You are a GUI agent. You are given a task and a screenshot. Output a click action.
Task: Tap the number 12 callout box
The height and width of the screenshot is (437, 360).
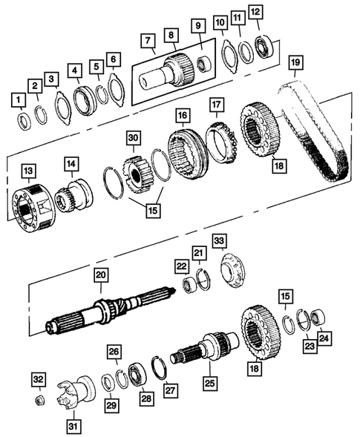coord(255,13)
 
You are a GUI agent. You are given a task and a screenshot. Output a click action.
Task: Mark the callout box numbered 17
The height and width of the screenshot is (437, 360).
coord(215,105)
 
